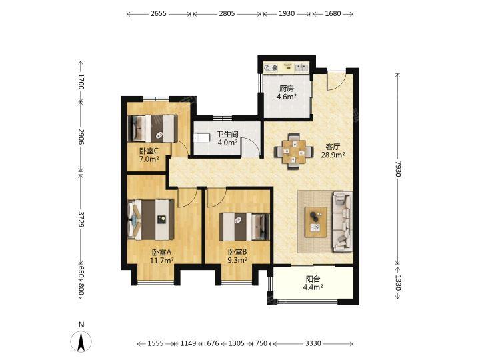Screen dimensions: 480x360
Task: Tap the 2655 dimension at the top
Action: coord(159,13)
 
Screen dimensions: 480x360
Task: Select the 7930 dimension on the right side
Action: coord(398,169)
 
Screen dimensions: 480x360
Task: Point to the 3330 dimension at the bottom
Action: coord(313,343)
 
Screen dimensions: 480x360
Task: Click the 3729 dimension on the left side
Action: coord(81,219)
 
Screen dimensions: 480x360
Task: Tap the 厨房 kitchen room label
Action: coord(287,89)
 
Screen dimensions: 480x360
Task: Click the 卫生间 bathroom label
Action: coord(227,135)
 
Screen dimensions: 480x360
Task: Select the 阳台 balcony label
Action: coord(313,279)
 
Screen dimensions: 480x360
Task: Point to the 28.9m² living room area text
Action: coord(333,155)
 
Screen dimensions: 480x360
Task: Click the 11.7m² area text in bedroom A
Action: coord(162,261)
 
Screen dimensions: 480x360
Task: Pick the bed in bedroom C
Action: coord(153,128)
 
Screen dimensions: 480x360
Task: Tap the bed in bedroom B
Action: coord(245,227)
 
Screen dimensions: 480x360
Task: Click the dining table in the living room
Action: coord(293,151)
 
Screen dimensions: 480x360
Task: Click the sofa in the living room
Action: coord(343,221)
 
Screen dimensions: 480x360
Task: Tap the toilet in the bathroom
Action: coord(201,138)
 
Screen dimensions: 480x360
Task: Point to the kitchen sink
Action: coord(302,67)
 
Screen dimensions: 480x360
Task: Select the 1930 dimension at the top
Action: coord(287,13)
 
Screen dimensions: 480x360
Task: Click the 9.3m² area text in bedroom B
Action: coord(237,260)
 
